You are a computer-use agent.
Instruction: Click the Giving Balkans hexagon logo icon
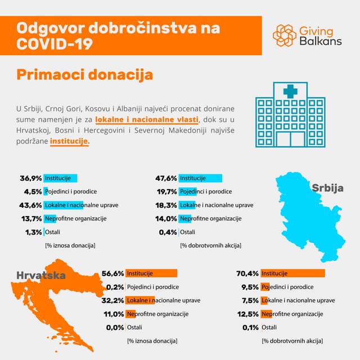click(284, 35)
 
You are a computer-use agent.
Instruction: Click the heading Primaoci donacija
click(84, 75)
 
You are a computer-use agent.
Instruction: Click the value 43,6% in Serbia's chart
click(30, 205)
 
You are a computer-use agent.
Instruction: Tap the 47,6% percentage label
click(166, 178)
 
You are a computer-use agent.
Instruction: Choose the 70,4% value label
click(247, 274)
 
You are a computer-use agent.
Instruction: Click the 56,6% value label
click(112, 274)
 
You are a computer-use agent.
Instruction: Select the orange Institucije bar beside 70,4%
click(293, 274)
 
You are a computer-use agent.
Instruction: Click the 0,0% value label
click(114, 327)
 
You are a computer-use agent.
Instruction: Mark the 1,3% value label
click(33, 232)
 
